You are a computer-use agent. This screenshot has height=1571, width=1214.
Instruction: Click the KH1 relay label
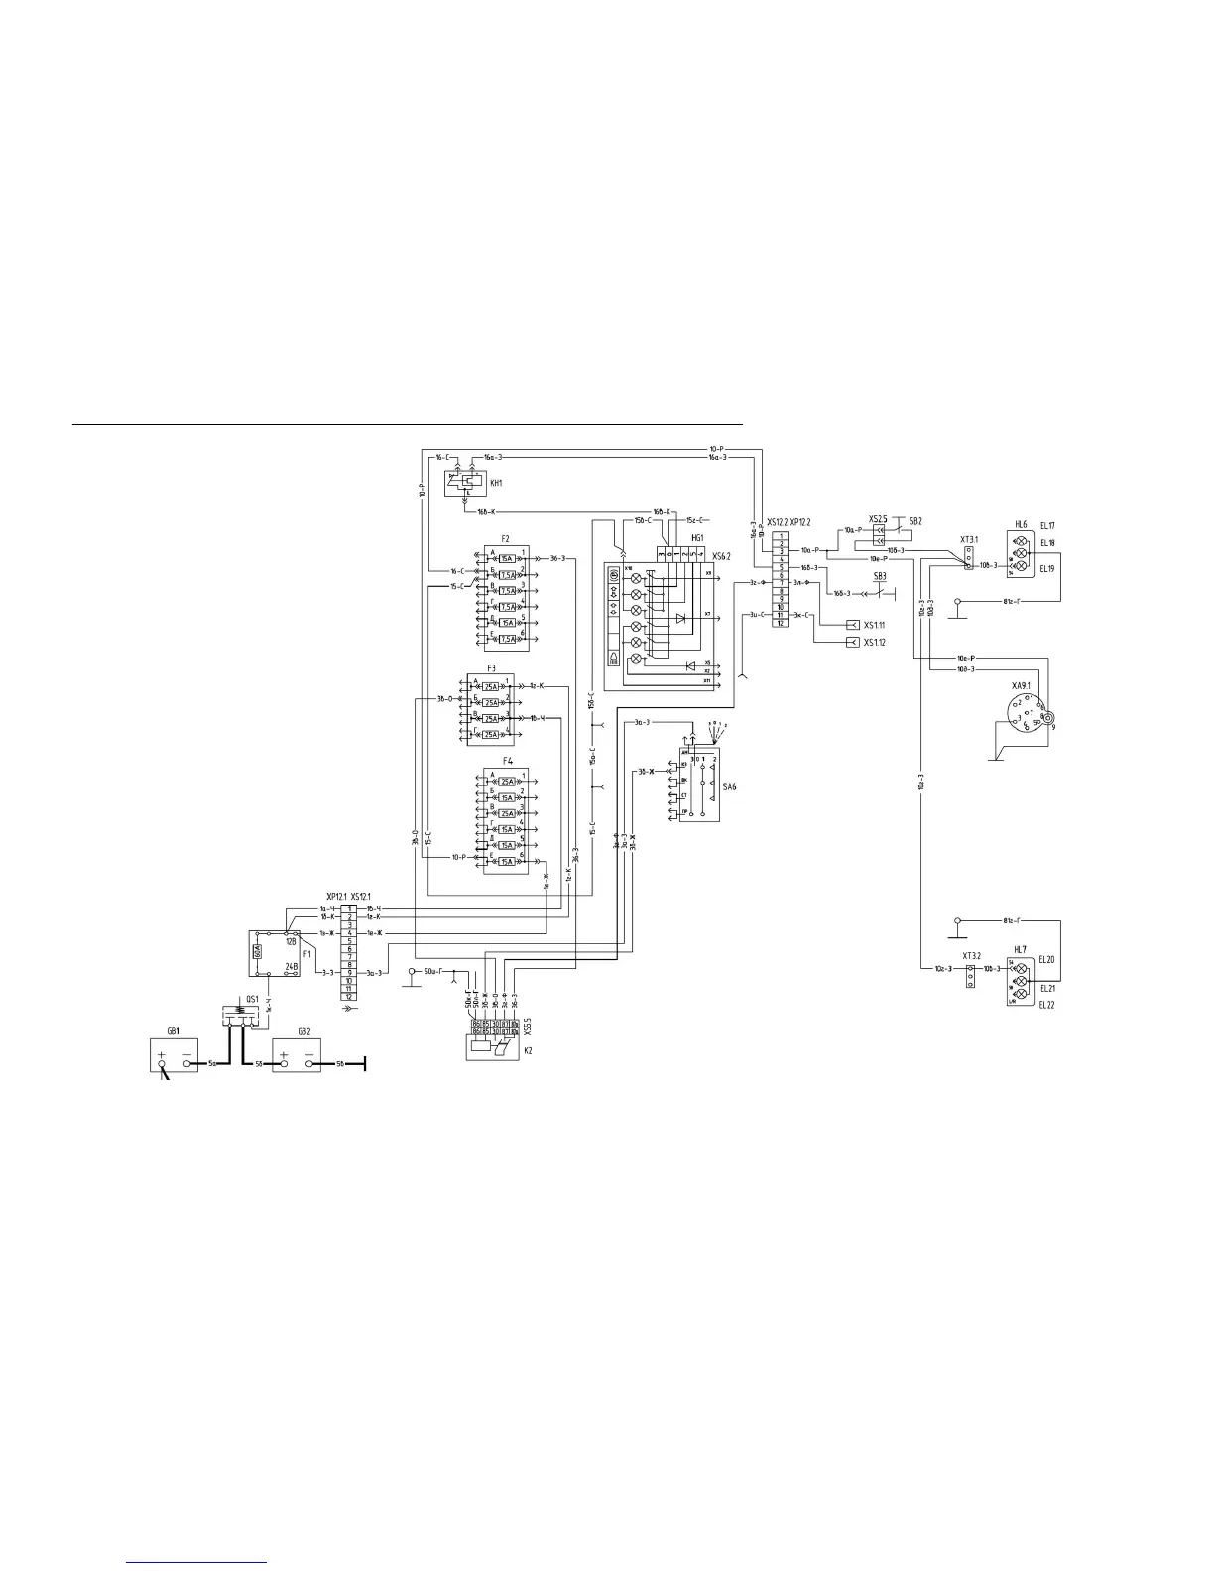(497, 483)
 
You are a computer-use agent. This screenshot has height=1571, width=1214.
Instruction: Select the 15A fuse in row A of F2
(507, 559)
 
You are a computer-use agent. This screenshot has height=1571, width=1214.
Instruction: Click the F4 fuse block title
(507, 761)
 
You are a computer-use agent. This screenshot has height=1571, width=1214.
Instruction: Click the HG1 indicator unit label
(697, 536)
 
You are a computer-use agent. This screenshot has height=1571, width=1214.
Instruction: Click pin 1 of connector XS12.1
(350, 908)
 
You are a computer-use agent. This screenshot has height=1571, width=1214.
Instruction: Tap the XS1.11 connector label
(874, 626)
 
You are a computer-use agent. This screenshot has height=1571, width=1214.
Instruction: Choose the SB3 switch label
(879, 576)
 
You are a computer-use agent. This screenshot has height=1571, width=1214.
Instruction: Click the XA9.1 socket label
(1021, 685)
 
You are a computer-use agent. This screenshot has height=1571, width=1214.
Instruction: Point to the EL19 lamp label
(1047, 569)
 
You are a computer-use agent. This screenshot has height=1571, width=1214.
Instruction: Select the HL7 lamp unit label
(1021, 949)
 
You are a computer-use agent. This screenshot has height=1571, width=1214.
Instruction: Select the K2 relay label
(527, 1049)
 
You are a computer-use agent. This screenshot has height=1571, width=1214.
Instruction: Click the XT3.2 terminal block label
(971, 956)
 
